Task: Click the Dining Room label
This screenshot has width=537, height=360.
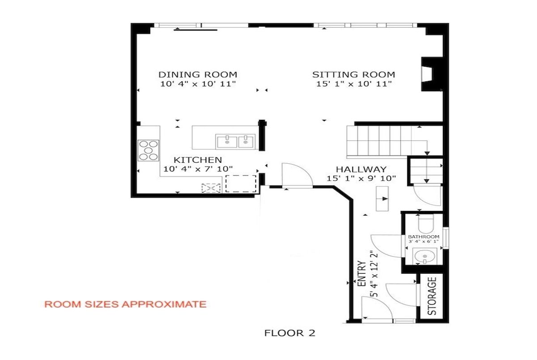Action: point(198,75)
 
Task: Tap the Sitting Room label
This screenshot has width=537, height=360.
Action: point(354,75)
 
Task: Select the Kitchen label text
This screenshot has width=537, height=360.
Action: point(198,160)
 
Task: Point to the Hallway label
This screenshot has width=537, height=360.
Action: point(361,169)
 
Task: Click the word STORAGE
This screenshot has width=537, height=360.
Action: point(432,296)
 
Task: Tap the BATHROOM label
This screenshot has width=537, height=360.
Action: point(424,237)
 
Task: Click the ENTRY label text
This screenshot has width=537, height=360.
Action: point(362,273)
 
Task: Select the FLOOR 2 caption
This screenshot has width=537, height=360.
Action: point(290,333)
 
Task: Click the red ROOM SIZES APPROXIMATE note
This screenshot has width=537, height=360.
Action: point(125,304)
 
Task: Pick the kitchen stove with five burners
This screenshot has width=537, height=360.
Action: point(149,150)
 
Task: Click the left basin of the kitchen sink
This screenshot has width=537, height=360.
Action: point(227,142)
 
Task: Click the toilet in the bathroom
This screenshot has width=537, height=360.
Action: point(426,224)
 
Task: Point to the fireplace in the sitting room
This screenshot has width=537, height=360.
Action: point(432,74)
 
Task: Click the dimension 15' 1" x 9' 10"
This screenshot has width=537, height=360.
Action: point(361,178)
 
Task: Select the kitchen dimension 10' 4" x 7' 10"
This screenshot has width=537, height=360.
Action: point(198,169)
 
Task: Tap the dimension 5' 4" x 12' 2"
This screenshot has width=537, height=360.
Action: point(374,274)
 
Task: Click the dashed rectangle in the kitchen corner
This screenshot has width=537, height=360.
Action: point(241,183)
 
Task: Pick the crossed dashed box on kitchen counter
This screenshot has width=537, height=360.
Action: point(211,188)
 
